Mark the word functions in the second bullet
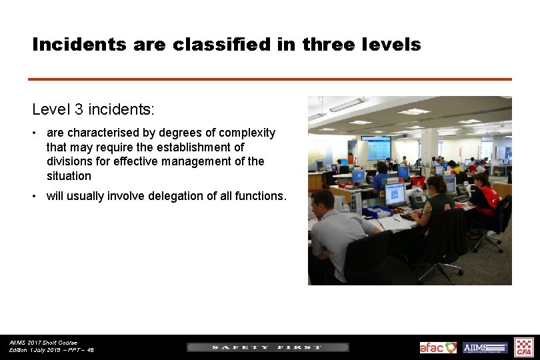click(260, 196)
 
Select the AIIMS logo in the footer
click(485, 347)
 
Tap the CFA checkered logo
click(524, 347)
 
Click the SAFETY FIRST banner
click(267, 347)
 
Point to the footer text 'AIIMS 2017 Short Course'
click(43, 343)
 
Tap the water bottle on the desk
click(346, 206)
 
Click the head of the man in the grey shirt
click(323, 202)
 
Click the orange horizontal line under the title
click(270, 79)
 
